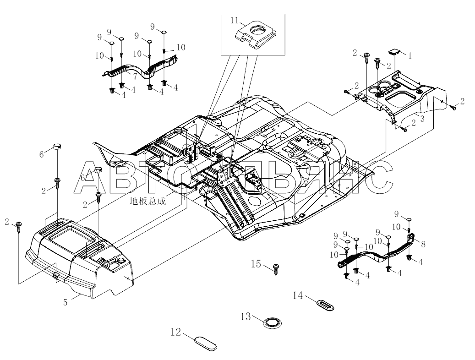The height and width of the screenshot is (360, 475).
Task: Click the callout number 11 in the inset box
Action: (235, 21)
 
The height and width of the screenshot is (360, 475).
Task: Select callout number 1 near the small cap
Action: (410, 56)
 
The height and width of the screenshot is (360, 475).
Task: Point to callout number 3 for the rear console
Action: (422, 119)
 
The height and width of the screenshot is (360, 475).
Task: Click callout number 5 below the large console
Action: (66, 302)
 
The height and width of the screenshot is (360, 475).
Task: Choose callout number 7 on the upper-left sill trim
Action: (135, 76)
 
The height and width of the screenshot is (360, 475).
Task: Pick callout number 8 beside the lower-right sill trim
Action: (423, 244)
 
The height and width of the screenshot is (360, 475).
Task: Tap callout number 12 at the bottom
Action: (176, 332)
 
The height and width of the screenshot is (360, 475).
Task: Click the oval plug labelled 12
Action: (205, 343)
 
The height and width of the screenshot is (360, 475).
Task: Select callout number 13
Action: (246, 316)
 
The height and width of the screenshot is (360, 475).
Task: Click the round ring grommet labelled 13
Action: (272, 323)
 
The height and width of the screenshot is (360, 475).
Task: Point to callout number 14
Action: (298, 295)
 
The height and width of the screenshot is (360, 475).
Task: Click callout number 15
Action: (256, 264)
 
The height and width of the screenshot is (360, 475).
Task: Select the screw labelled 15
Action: (276, 268)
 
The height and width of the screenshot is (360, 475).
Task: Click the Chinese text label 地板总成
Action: (148, 201)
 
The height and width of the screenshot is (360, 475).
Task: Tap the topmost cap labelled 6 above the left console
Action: (58, 147)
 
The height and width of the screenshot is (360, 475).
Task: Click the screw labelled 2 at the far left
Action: (19, 227)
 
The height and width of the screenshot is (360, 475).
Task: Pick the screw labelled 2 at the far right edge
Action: (453, 107)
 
